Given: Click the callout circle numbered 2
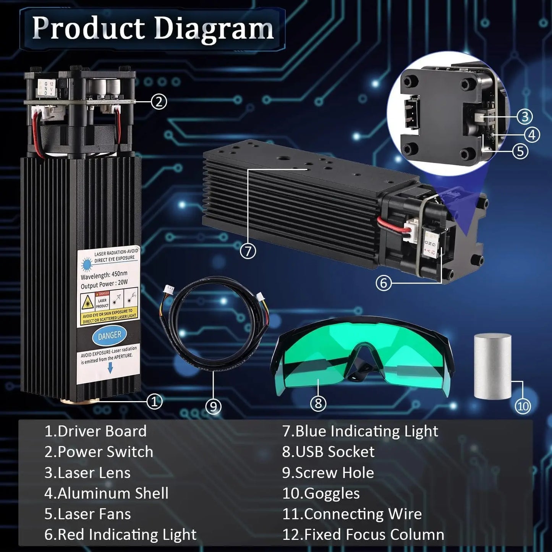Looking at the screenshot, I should coord(159,102).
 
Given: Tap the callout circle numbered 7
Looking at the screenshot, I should coord(248,251).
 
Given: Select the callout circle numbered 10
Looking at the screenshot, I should coord(523,406).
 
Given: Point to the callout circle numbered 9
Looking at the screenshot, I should coord(213,406).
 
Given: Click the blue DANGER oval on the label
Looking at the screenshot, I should coord(109,335).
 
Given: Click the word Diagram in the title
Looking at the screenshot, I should coord(214,28).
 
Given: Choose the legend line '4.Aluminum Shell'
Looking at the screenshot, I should coord(106,493).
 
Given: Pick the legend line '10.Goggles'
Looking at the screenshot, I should coord(321,493).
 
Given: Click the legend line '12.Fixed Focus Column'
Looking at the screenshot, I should coord(363,534).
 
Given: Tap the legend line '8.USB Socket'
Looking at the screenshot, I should coord(328,452).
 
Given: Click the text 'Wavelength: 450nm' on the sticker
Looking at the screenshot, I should coord(104,275).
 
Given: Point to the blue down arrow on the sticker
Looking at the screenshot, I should coord(110,368).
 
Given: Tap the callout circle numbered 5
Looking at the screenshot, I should coord(520,151).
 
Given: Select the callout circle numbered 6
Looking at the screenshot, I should coord(384,283).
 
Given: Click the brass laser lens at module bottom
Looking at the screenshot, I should coord(80,400).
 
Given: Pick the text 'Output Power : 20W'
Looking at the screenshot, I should coord(104,285).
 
